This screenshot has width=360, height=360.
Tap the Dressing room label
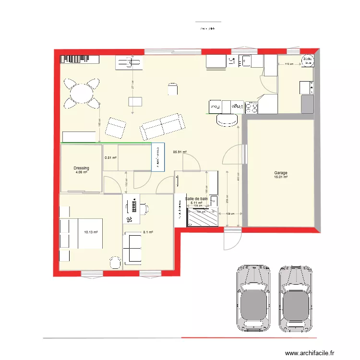point(81,168)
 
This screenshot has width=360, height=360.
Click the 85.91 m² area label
point(180,152)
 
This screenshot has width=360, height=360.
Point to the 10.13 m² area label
point(91,232)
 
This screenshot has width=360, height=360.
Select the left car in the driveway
point(253,298)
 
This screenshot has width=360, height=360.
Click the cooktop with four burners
point(252,107)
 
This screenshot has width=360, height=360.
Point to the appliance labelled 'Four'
point(214,106)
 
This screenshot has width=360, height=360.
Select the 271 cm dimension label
point(132,84)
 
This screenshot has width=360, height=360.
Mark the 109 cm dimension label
point(230,214)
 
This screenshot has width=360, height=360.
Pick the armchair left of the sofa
point(116,128)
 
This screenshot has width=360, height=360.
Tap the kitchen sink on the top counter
point(246,61)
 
